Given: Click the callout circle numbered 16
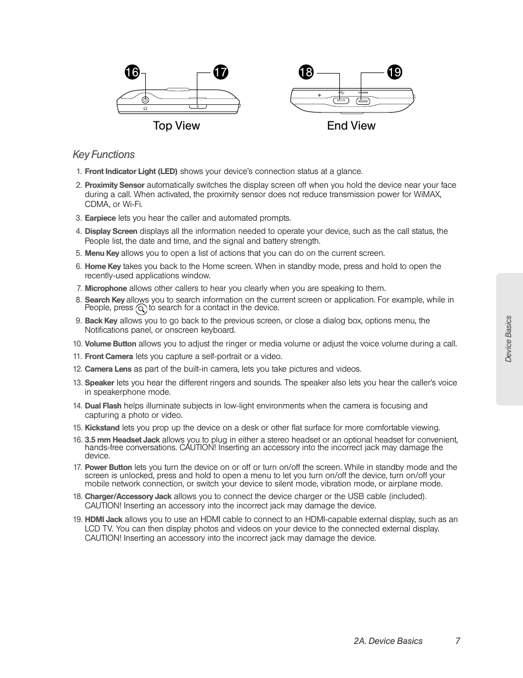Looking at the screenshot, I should [132, 72].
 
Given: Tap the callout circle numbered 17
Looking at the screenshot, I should [220, 72].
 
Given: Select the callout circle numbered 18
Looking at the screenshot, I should [306, 72].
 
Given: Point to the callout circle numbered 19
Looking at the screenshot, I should [394, 72].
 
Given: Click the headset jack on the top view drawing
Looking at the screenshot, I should [145, 100].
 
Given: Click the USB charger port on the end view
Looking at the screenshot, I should [340, 100].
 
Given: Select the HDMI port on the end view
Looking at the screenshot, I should [362, 100].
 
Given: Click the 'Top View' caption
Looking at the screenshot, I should [177, 126].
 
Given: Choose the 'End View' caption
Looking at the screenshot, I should [351, 126].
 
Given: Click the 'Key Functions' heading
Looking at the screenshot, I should [104, 155].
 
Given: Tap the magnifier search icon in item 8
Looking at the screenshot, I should [141, 309].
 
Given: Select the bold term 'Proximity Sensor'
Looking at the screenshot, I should [115, 186].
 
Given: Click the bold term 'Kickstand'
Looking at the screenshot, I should [102, 428].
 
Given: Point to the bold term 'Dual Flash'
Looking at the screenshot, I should [103, 406].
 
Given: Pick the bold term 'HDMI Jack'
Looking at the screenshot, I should [104, 519].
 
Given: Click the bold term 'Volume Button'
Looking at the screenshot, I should [110, 344].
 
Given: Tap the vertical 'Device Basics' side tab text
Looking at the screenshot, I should [509, 339].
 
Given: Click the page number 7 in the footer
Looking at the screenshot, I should [457, 641].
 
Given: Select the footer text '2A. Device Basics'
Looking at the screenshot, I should [388, 641].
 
